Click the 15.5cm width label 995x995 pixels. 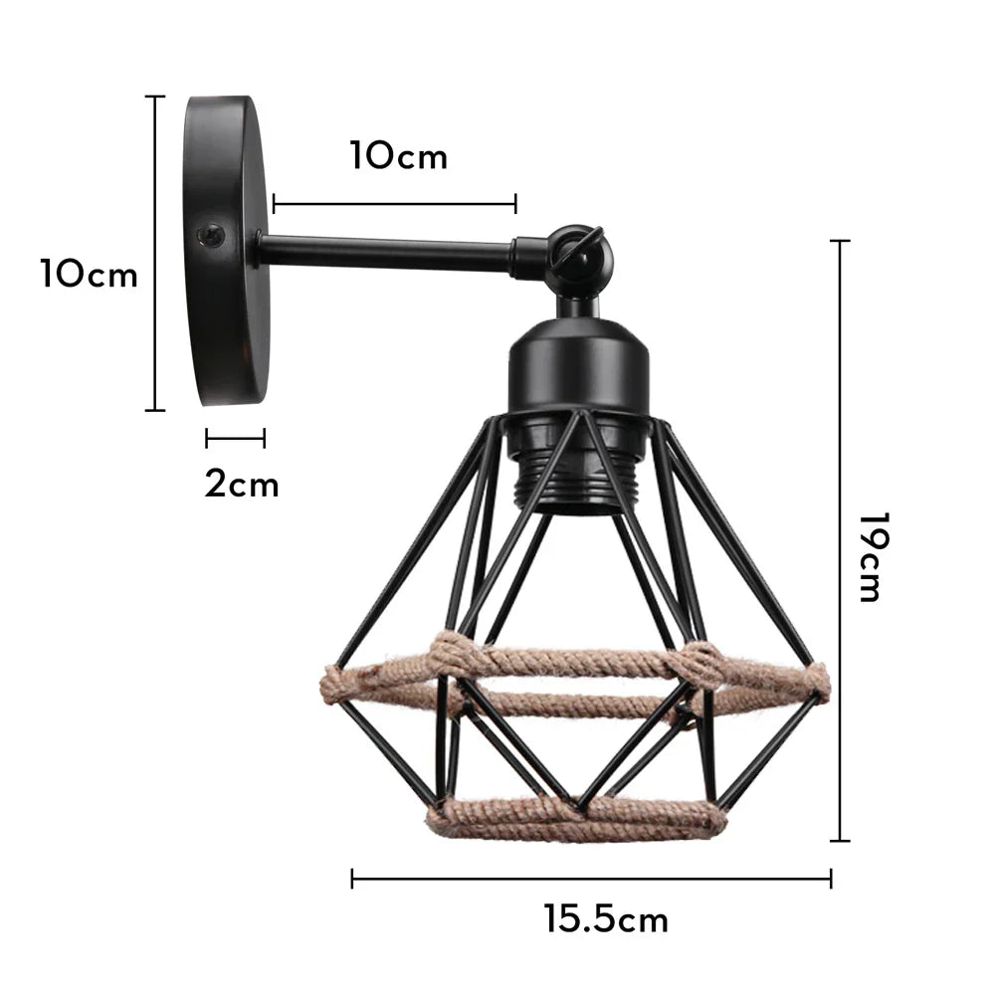(606, 919)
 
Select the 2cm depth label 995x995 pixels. (242, 485)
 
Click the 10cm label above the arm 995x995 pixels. (398, 156)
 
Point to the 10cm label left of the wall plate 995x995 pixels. (90, 274)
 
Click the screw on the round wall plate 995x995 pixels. (210, 235)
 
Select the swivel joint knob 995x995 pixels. (581, 249)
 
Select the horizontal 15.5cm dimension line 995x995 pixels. (591, 879)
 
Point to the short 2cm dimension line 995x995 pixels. (236, 438)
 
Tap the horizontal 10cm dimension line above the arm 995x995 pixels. (394, 204)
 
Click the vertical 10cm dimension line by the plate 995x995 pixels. (154, 253)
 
